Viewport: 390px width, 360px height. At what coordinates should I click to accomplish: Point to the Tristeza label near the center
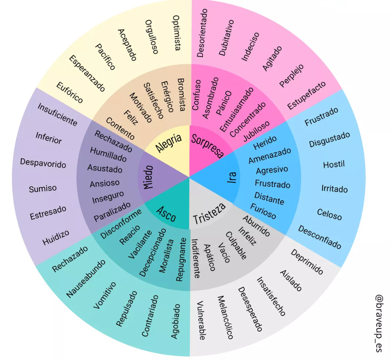coord(209,213)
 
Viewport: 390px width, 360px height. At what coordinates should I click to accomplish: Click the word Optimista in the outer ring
coord(176,33)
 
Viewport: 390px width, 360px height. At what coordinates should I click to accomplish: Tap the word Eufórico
coord(70,92)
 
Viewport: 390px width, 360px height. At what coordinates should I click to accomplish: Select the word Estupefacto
coord(307,95)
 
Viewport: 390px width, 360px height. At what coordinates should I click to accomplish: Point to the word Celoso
coord(329,214)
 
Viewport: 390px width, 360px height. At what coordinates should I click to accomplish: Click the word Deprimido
coord(307,262)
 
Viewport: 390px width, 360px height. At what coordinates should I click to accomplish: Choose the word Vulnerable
coord(201,320)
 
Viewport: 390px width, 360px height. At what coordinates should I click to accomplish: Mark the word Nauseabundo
coord(86,278)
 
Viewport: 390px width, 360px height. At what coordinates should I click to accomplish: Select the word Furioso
coord(263,211)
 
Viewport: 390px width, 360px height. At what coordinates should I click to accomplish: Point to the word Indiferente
coord(195,258)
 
